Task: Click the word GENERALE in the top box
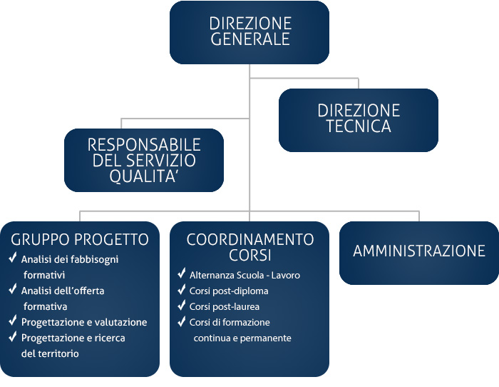[x=250, y=39]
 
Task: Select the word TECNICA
[x=359, y=126]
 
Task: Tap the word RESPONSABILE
[x=144, y=145]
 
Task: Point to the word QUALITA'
[x=143, y=176]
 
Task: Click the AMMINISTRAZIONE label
[x=419, y=251]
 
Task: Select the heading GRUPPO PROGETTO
[x=80, y=240]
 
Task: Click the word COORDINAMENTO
[x=250, y=240]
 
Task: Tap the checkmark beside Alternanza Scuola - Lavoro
[x=182, y=273]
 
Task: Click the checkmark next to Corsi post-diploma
[x=182, y=288]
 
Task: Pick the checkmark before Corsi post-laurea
[x=182, y=304]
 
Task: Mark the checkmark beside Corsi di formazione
[x=182, y=321]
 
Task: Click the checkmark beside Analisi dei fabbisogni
[x=13, y=257]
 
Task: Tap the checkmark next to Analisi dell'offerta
[x=13, y=288]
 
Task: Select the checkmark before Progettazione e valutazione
[x=13, y=320]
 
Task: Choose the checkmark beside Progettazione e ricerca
[x=13, y=336]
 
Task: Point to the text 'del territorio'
[x=50, y=353]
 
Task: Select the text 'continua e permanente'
[x=242, y=338]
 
